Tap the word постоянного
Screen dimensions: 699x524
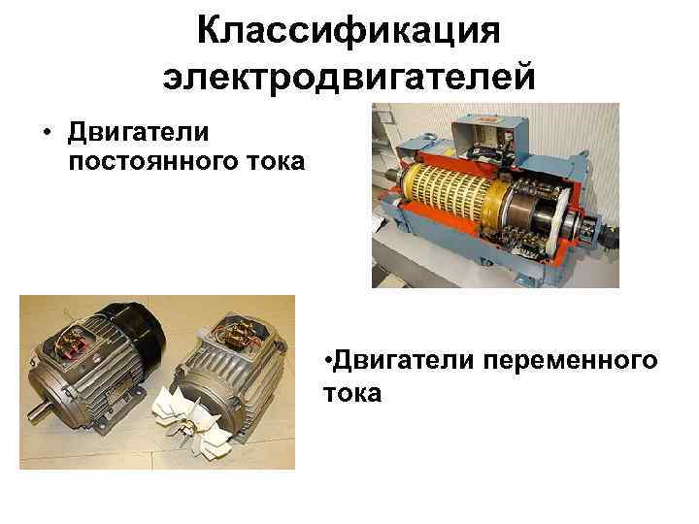[x=154, y=161]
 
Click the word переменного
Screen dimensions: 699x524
[x=570, y=360]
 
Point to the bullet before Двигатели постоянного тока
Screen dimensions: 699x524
[x=47, y=132]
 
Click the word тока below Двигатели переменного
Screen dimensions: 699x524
[x=352, y=393]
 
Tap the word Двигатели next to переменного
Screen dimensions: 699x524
[x=404, y=360]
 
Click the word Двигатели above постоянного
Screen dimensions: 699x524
[x=138, y=133]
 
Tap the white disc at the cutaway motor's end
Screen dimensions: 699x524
[x=560, y=213]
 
